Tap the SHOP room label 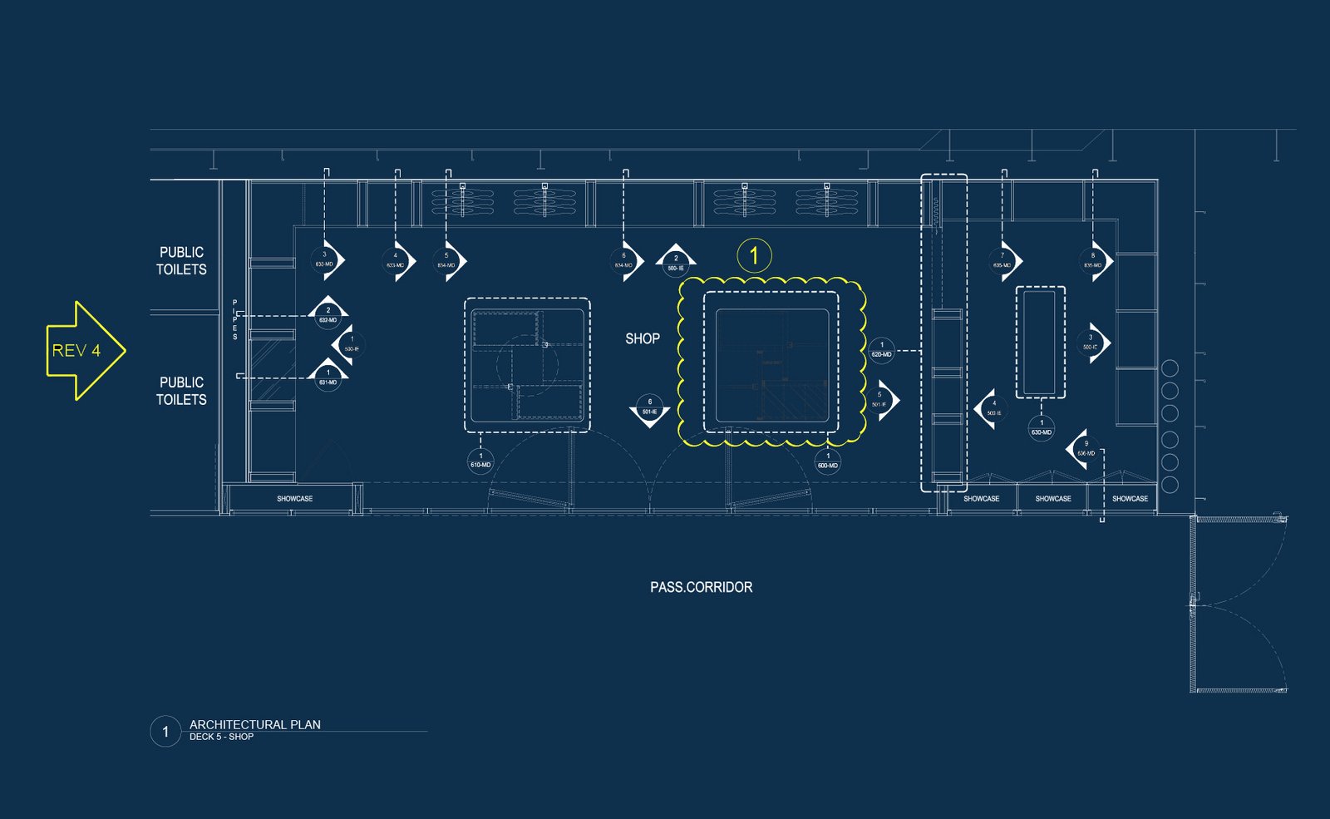pyautogui.click(x=643, y=339)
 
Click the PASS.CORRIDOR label pyautogui.click(x=701, y=587)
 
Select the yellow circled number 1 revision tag pyautogui.click(x=754, y=255)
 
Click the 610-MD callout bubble pyautogui.click(x=480, y=461)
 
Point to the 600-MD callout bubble pyautogui.click(x=827, y=461)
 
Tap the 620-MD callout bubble pyautogui.click(x=881, y=350)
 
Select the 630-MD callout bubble pyautogui.click(x=1041, y=428)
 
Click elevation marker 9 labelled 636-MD pyautogui.click(x=1084, y=449)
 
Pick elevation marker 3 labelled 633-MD pyautogui.click(x=325, y=260)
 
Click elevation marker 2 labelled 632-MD pyautogui.click(x=328, y=315)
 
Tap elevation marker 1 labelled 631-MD pyautogui.click(x=328, y=378)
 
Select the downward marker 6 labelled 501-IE pyautogui.click(x=649, y=407)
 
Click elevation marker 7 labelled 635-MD pyautogui.click(x=1002, y=261)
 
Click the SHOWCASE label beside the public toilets pyautogui.click(x=294, y=499)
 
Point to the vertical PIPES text pyautogui.click(x=234, y=320)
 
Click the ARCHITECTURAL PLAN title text pyautogui.click(x=254, y=724)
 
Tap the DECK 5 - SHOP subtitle pyautogui.click(x=221, y=737)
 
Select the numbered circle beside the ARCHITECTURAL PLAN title pyautogui.click(x=165, y=732)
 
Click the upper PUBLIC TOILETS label pyautogui.click(x=181, y=260)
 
